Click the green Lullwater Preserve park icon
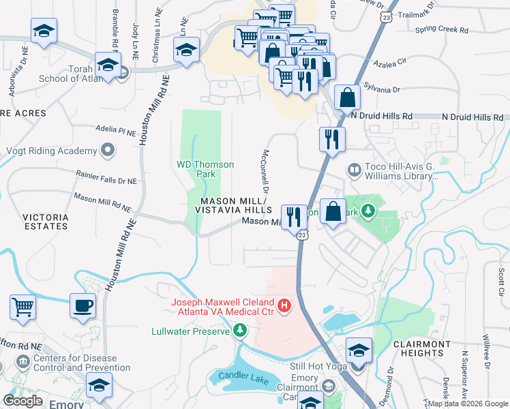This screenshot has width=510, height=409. pos(239,331)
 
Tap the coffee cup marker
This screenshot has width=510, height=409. pos(83,305)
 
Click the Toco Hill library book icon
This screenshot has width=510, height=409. pos(354,169)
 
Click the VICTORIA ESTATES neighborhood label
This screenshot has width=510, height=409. pos(46,222)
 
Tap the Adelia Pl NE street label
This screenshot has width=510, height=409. pos(117,128)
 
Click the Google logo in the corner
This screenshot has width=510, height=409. pos(22,401)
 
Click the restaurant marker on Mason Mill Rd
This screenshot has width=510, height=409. pos(294,217)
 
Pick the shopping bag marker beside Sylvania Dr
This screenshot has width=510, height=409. pos(347,97)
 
